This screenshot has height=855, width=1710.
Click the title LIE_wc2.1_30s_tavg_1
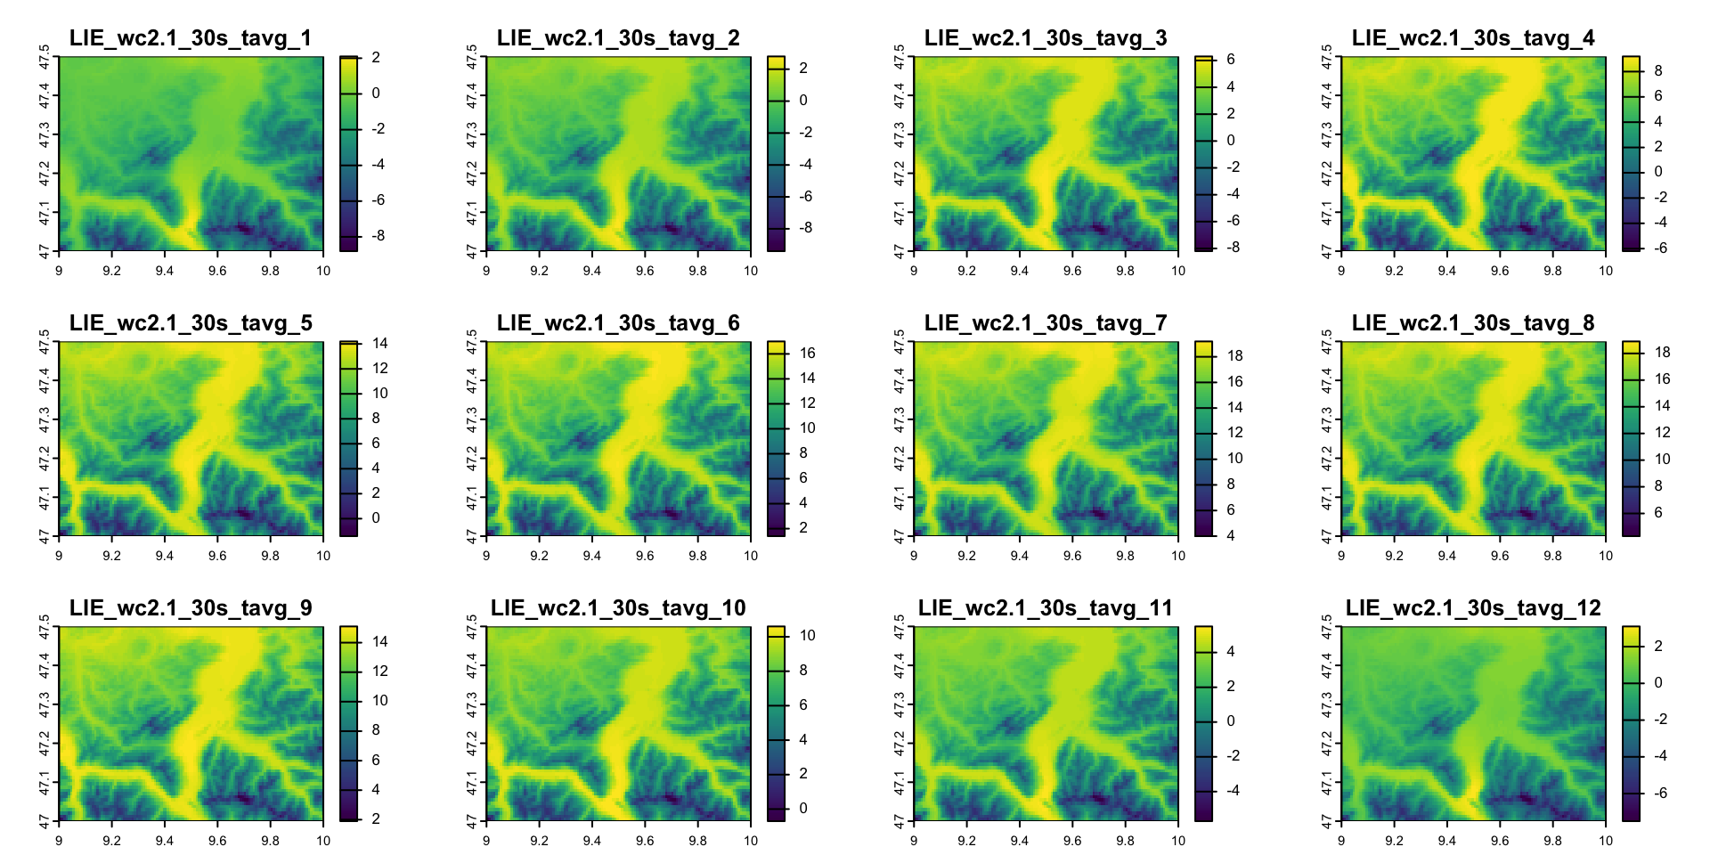pyautogui.click(x=191, y=38)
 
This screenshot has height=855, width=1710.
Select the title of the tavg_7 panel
pyautogui.click(x=1046, y=323)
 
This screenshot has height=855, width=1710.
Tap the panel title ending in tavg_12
pyautogui.click(x=1473, y=608)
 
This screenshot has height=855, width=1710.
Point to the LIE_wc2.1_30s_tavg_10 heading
pyautogui.click(x=618, y=608)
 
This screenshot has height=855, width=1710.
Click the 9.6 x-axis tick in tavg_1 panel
pyautogui.click(x=217, y=271)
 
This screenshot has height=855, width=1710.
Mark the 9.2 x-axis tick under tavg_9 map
pyautogui.click(x=111, y=841)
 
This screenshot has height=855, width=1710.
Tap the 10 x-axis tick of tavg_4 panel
pyautogui.click(x=1606, y=271)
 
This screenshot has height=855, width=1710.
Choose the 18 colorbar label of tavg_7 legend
pyautogui.click(x=1235, y=355)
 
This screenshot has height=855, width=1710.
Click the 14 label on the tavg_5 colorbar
pyautogui.click(x=380, y=343)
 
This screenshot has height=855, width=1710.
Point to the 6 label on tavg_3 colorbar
pyautogui.click(x=1231, y=60)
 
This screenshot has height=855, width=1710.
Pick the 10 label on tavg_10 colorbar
pyautogui.click(x=808, y=635)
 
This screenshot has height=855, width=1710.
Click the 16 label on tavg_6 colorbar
pyautogui.click(x=808, y=353)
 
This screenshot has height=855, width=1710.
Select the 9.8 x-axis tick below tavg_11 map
pyautogui.click(x=1126, y=841)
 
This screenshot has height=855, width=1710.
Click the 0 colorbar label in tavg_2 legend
pyautogui.click(x=803, y=100)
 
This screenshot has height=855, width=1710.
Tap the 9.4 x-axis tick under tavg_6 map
pyautogui.click(x=592, y=556)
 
